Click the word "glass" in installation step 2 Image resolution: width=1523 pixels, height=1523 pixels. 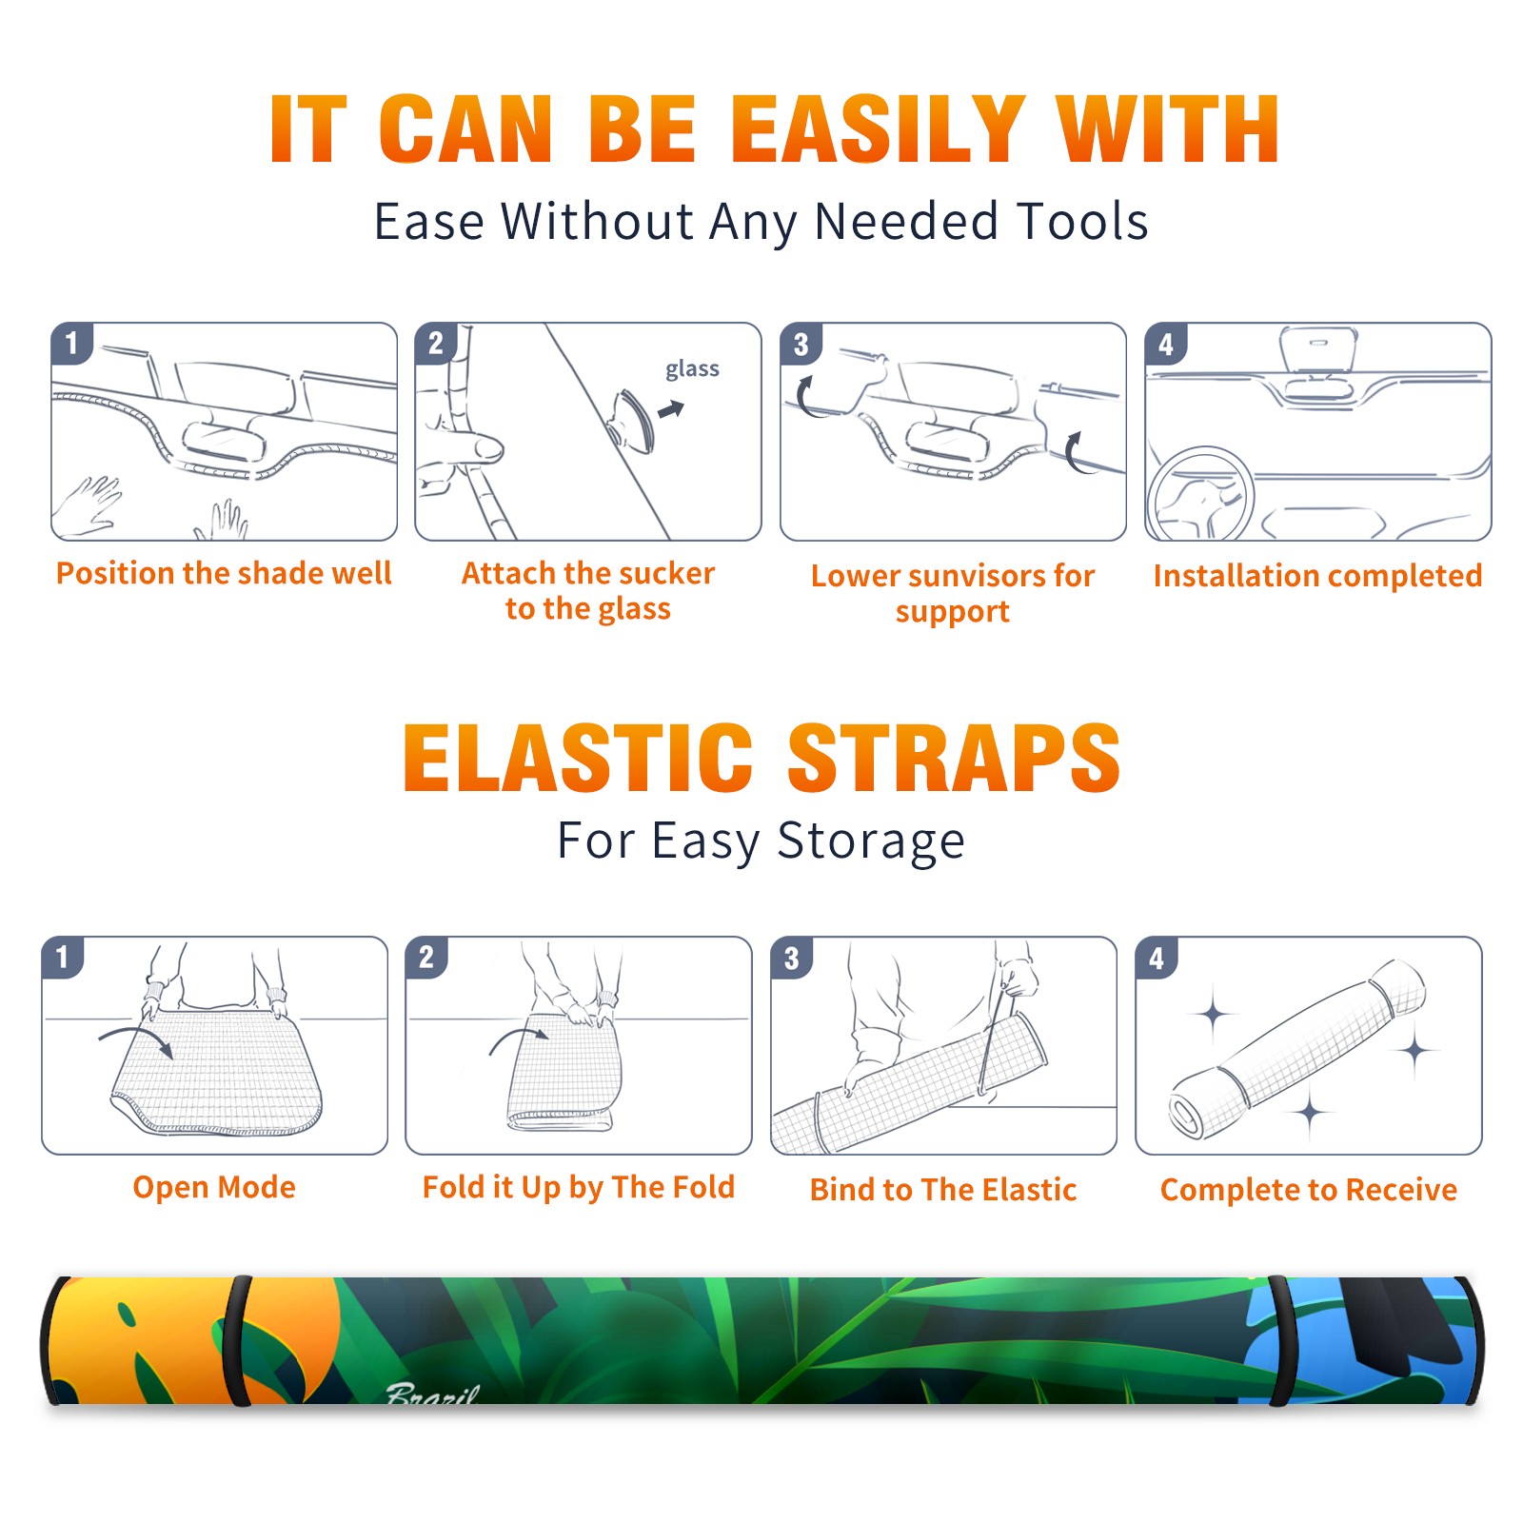[692, 369]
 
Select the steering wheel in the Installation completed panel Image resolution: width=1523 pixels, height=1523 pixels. [1200, 494]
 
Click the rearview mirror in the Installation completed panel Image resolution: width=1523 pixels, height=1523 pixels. [1318, 349]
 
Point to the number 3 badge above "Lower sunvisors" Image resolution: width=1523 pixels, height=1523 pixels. [801, 344]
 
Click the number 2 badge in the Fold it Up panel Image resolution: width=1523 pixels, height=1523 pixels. [426, 958]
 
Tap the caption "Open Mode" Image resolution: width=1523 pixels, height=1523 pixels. [214, 1187]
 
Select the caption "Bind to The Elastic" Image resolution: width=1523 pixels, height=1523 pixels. [943, 1190]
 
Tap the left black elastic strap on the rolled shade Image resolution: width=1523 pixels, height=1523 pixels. [237, 1341]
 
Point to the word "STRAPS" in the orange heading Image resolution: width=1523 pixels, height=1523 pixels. [954, 758]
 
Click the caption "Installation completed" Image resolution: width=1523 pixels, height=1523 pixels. [1318, 576]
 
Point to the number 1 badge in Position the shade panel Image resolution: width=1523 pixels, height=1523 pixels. [71, 344]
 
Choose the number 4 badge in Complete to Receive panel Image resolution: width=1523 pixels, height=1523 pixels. [1157, 958]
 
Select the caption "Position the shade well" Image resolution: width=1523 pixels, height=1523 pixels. [224, 573]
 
